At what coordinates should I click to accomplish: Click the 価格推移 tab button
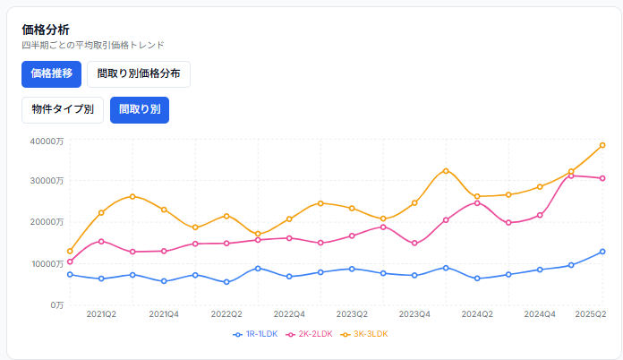click(x=52, y=74)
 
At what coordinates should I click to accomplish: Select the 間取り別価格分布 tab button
click(x=139, y=74)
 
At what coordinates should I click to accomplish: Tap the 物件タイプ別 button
click(x=63, y=109)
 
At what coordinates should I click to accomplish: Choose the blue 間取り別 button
click(x=139, y=109)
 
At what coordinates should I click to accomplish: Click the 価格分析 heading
click(x=46, y=30)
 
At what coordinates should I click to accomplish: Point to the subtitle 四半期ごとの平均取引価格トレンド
click(x=93, y=45)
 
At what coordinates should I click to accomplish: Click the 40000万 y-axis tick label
click(x=47, y=140)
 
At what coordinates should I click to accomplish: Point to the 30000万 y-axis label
click(x=47, y=181)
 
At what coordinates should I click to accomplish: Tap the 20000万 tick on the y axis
click(x=47, y=222)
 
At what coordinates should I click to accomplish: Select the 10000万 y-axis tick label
click(x=47, y=263)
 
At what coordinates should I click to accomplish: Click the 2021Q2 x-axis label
click(x=101, y=314)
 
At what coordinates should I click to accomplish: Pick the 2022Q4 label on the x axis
click(x=289, y=314)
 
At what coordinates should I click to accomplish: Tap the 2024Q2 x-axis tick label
click(x=477, y=314)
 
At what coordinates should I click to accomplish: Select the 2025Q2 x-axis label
click(x=591, y=314)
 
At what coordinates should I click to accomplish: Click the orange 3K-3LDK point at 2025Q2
click(x=602, y=145)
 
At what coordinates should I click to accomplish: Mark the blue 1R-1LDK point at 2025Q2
click(x=602, y=252)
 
